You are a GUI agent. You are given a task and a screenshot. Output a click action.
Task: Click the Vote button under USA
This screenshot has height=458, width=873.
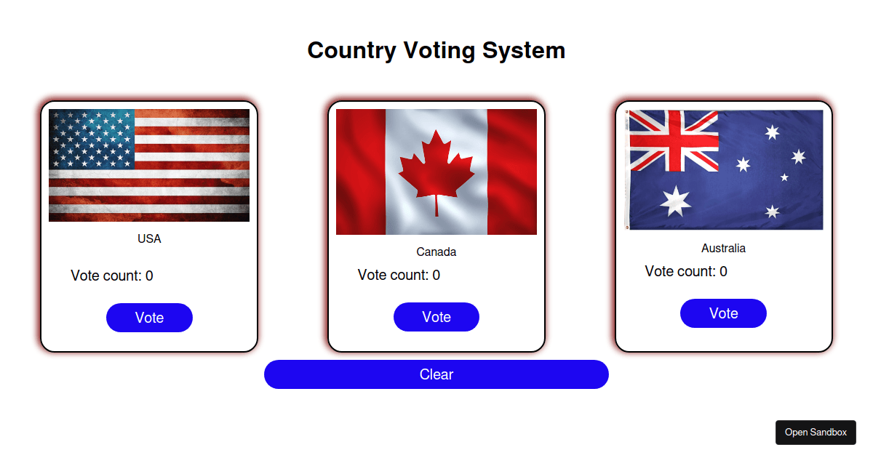[x=149, y=318]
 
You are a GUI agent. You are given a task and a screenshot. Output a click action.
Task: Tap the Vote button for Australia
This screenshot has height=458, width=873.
[x=723, y=313]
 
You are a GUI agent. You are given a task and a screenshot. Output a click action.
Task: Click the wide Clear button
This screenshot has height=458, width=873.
[x=436, y=374]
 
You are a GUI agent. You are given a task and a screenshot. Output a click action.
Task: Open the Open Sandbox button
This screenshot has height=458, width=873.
[x=816, y=433]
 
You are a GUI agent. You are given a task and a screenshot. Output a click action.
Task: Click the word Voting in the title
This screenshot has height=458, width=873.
[x=439, y=51]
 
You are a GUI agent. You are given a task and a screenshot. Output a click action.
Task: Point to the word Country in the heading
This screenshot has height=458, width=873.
[x=352, y=51]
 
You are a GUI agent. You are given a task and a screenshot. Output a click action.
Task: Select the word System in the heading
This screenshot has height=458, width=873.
[x=524, y=51]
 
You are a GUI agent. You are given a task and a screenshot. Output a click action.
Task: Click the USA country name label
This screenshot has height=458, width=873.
[x=149, y=238]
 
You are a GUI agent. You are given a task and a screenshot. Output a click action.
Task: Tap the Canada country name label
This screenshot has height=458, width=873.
[x=436, y=252]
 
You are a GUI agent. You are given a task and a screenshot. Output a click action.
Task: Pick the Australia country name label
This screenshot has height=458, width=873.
[x=723, y=248]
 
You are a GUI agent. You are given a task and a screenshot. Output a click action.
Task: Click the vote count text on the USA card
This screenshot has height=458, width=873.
[x=112, y=276]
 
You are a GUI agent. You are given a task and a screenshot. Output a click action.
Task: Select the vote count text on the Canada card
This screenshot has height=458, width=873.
[x=399, y=275]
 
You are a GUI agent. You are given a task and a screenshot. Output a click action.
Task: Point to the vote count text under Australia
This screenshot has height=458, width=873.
[x=686, y=271]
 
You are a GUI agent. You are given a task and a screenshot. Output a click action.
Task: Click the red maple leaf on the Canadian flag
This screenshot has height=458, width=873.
[x=436, y=167]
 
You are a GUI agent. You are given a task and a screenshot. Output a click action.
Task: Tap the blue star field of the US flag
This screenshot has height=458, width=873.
[x=92, y=139]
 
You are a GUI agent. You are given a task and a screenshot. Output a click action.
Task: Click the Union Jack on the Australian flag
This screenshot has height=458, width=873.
[x=674, y=141]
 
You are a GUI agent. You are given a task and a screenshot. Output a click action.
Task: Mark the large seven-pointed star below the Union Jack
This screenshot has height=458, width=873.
[x=675, y=201]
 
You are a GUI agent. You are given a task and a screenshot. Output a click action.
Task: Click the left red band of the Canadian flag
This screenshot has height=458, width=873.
[x=361, y=172]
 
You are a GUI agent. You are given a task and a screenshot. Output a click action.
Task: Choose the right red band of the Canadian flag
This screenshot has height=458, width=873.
[x=511, y=172]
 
